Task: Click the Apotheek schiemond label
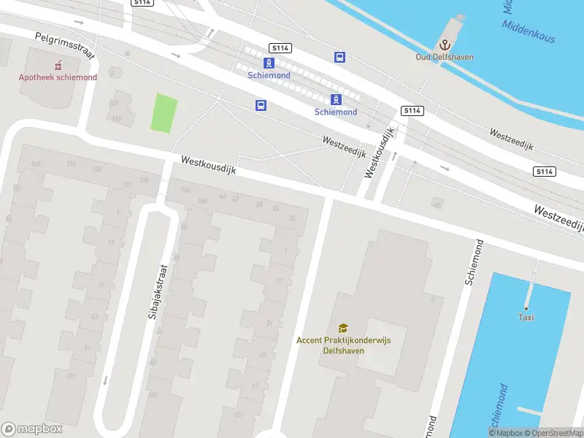coord(58,77)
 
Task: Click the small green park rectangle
coord(164,113)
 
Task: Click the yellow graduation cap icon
coord(342,328)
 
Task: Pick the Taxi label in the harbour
coord(526,317)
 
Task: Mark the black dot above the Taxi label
coord(526,307)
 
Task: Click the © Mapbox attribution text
coord(509,433)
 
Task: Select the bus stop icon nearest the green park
coord(261,105)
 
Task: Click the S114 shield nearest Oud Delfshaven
coord(411,111)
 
